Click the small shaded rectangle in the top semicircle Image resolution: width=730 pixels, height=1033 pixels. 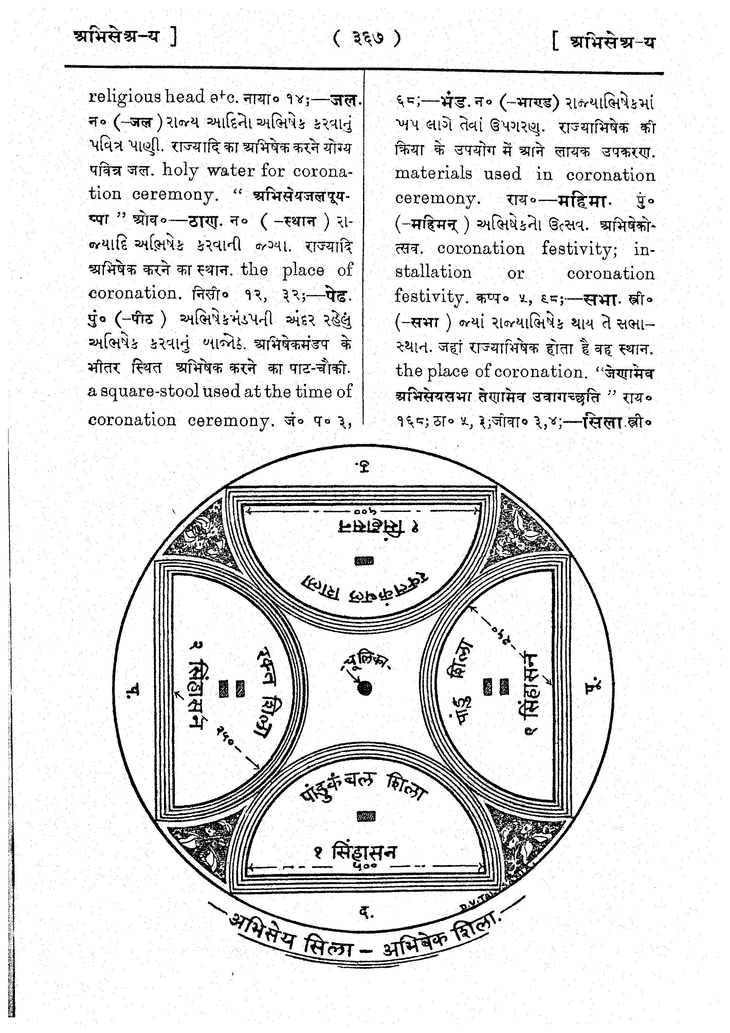(364, 560)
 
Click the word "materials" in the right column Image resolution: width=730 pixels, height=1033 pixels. (433, 173)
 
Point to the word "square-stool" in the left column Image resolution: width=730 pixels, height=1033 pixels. (149, 391)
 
